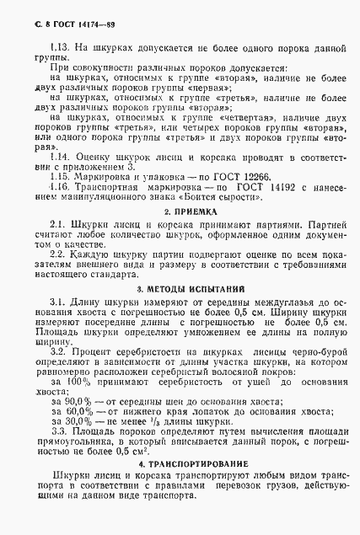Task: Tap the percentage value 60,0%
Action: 78,413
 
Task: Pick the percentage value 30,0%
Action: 78,423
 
